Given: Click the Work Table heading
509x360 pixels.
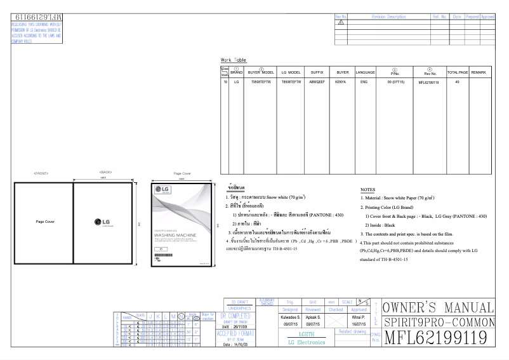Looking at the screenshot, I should tap(233, 59).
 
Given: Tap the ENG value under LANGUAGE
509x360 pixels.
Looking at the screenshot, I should tap(364, 82).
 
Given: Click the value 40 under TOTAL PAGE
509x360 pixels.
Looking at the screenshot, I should tap(457, 82).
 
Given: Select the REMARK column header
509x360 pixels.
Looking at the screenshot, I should tap(479, 72).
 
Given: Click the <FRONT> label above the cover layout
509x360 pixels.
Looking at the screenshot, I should tap(42, 173).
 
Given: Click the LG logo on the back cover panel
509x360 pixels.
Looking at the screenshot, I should tap(104, 222).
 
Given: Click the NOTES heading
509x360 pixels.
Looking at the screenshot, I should tap(367, 190).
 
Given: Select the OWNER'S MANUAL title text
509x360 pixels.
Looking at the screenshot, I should tap(437, 307).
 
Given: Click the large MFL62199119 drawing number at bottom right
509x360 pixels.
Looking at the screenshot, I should tap(437, 337).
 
